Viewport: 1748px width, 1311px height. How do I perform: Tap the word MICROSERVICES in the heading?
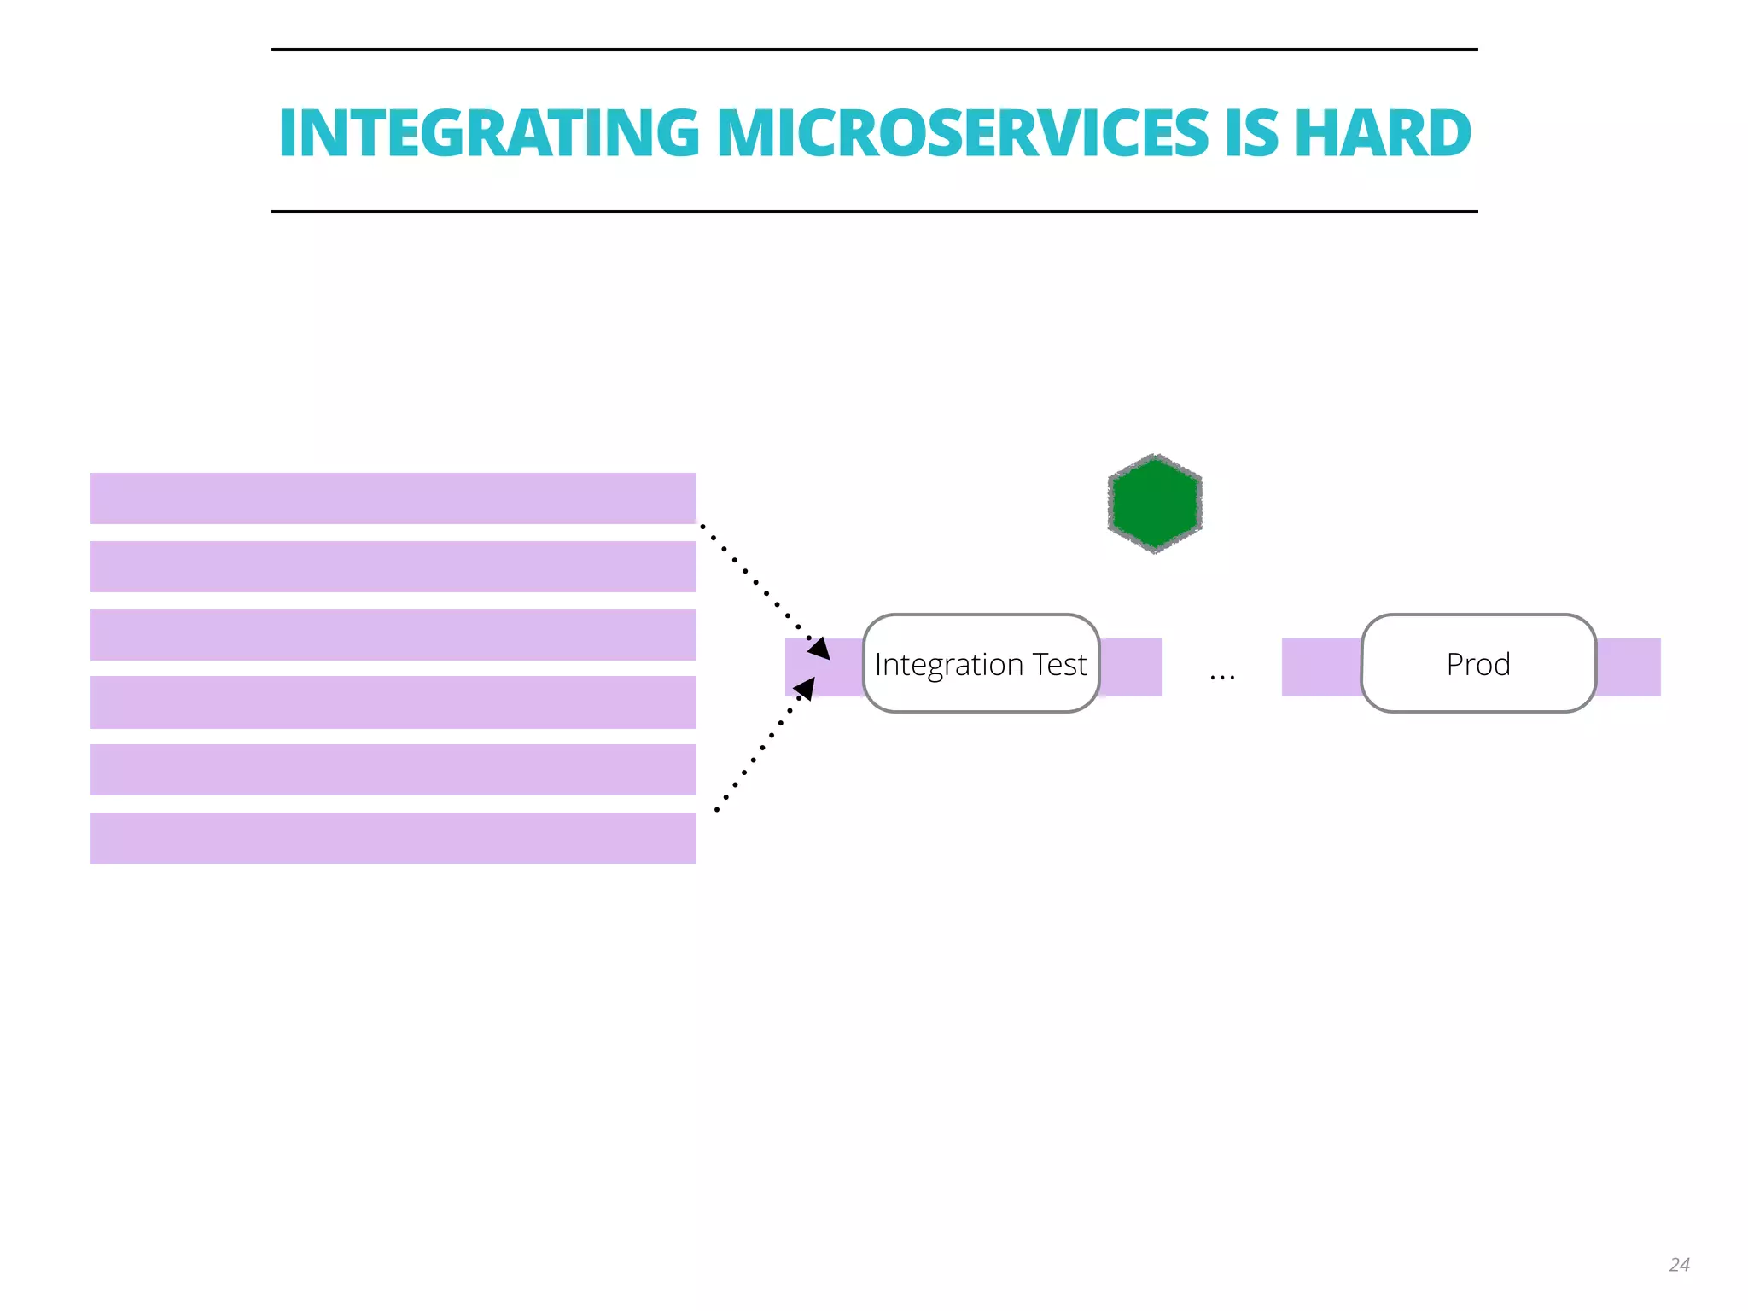(962, 133)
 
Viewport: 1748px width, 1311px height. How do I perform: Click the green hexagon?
(1155, 504)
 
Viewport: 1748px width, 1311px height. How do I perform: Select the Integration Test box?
(981, 663)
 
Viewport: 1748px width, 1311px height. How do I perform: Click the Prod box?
(1478, 663)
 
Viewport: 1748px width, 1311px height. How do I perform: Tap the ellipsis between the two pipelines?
(1221, 677)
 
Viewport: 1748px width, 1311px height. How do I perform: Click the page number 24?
(1679, 1264)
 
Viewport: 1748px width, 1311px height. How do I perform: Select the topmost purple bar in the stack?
(393, 498)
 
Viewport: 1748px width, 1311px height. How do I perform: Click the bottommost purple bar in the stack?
(393, 838)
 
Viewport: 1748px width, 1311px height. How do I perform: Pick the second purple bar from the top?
(393, 567)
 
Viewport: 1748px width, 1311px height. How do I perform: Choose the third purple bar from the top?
(393, 635)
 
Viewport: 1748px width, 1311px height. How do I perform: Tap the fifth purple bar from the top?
(393, 770)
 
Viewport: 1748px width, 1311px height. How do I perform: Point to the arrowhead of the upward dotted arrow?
(806, 687)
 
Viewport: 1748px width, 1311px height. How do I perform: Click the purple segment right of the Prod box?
(1628, 667)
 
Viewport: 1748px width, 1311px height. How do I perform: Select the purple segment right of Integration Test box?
(1131, 667)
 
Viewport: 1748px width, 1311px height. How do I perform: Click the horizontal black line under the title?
(874, 212)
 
